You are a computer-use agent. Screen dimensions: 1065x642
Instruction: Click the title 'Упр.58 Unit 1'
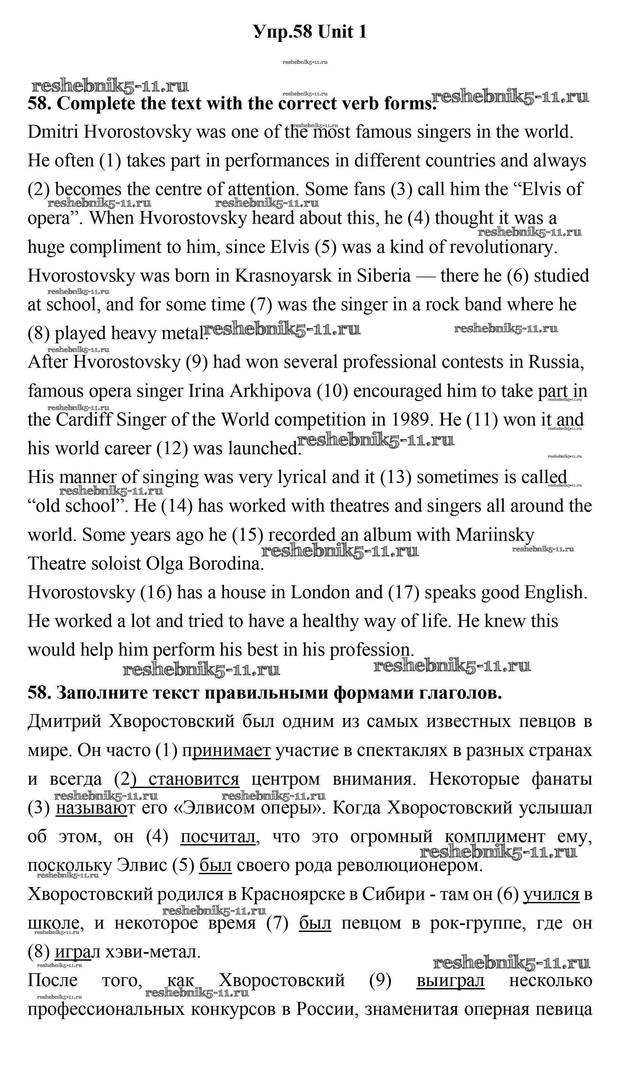coord(310,32)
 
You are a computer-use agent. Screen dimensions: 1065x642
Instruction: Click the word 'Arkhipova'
coord(270,391)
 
